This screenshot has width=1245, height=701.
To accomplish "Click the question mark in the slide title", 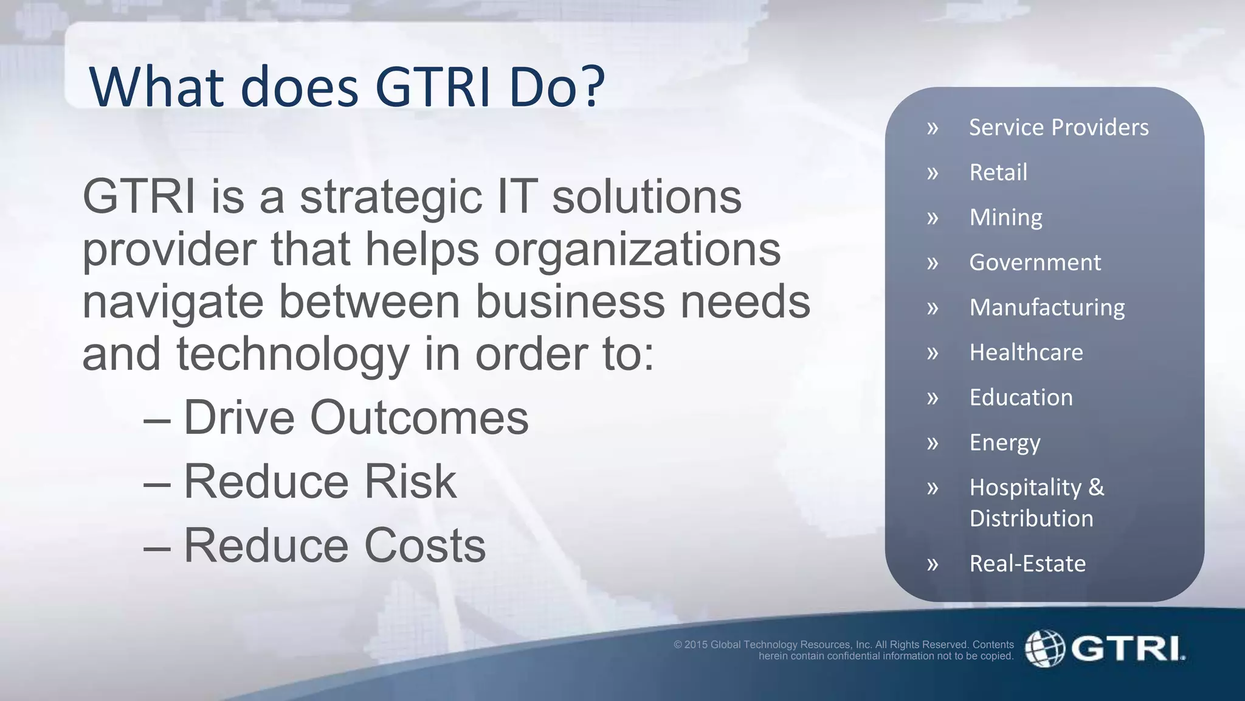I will pos(588,87).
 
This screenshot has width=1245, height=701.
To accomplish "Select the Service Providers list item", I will pos(1058,128).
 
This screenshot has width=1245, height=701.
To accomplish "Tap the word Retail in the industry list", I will pos(998,173).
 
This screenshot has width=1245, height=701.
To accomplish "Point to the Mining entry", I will pos(1005,218).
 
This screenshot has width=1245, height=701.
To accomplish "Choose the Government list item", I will pos(1035,263).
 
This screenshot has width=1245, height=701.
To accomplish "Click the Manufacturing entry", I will pos(1047,308).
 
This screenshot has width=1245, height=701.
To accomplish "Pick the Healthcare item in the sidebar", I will pos(1026,353).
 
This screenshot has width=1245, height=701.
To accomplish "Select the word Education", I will pos(1021,398).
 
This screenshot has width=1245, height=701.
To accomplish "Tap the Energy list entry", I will pos(1004,443).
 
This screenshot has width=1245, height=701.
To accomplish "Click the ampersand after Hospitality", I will pos(1096,487).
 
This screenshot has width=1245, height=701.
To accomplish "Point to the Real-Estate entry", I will pos(1027,564).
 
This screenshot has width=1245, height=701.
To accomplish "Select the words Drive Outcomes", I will pos(356,418).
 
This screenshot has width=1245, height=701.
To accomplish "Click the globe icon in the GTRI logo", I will pos(1044,648).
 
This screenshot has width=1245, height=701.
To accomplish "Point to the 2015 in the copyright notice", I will pos(696,645).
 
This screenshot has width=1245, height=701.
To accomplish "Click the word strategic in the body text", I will pos(391,198).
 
